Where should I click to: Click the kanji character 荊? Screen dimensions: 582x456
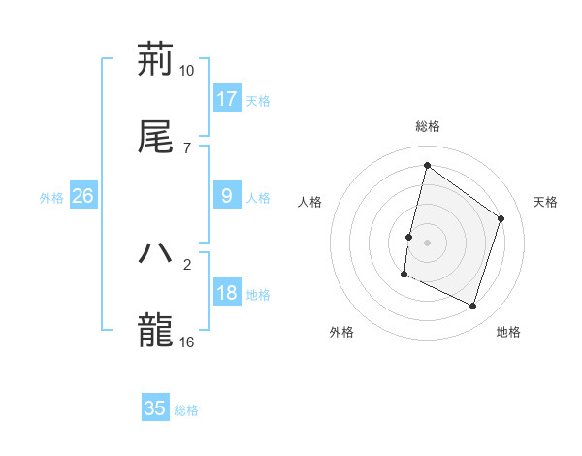pyautogui.click(x=155, y=60)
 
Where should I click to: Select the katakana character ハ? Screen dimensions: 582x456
pyautogui.click(x=155, y=252)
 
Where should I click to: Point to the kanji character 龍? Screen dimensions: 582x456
pyautogui.click(x=155, y=330)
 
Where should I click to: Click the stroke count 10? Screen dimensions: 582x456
pyautogui.click(x=187, y=71)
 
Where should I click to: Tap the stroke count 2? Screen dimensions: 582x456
pyautogui.click(x=187, y=263)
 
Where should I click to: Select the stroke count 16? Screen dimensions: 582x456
pyautogui.click(x=187, y=341)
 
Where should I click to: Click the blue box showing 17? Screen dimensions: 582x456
pyautogui.click(x=227, y=99)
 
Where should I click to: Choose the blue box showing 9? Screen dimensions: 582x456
pyautogui.click(x=227, y=196)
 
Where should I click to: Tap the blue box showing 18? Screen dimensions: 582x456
pyautogui.click(x=227, y=294)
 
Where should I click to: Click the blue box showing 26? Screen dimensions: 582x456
pyautogui.click(x=82, y=196)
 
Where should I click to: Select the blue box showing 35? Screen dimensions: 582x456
pyautogui.click(x=155, y=408)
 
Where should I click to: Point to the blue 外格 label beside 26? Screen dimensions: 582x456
pyautogui.click(x=51, y=198)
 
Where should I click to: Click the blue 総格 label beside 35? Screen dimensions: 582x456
pyautogui.click(x=186, y=410)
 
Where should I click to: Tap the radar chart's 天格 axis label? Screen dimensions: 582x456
pyautogui.click(x=546, y=202)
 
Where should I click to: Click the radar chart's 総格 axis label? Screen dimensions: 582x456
pyautogui.click(x=428, y=126)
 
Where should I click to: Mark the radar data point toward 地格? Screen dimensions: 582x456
pyautogui.click(x=472, y=307)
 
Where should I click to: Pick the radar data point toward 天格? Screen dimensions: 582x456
pyautogui.click(x=501, y=218)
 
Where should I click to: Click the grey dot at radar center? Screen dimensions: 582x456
pyautogui.click(x=428, y=242)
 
